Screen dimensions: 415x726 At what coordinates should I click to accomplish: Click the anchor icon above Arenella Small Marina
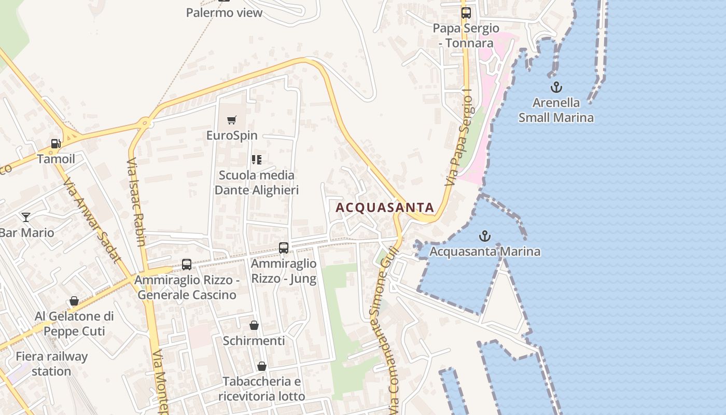(556, 87)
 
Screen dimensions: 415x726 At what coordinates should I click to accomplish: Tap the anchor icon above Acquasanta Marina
(484, 237)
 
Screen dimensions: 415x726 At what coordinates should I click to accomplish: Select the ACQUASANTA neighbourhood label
(385, 208)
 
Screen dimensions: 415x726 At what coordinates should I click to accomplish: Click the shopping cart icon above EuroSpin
(232, 120)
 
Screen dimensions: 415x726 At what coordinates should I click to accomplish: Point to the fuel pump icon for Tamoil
(55, 144)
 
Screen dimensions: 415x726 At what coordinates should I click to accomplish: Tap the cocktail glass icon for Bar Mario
(26, 217)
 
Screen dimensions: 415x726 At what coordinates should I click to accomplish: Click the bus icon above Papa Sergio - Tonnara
(466, 13)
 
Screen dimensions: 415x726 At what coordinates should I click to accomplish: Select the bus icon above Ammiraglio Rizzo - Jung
(284, 248)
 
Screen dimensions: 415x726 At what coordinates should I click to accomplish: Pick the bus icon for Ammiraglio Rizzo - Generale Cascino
(187, 265)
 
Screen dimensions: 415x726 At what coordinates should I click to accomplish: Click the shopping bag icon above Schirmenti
(254, 325)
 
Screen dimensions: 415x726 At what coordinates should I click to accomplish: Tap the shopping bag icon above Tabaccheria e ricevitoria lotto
(262, 366)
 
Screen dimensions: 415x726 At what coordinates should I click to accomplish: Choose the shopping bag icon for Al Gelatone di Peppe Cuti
(74, 301)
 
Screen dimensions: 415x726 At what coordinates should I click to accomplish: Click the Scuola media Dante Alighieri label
(257, 183)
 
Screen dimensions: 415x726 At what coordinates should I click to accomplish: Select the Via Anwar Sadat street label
(92, 220)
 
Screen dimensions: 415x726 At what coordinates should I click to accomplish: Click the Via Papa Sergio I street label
(459, 141)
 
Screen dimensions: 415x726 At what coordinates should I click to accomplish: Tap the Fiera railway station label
(51, 364)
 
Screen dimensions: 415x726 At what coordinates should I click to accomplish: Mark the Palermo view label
(224, 13)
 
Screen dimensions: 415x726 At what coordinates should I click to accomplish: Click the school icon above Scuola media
(257, 159)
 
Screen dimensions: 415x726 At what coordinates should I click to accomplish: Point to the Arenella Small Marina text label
(556, 110)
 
